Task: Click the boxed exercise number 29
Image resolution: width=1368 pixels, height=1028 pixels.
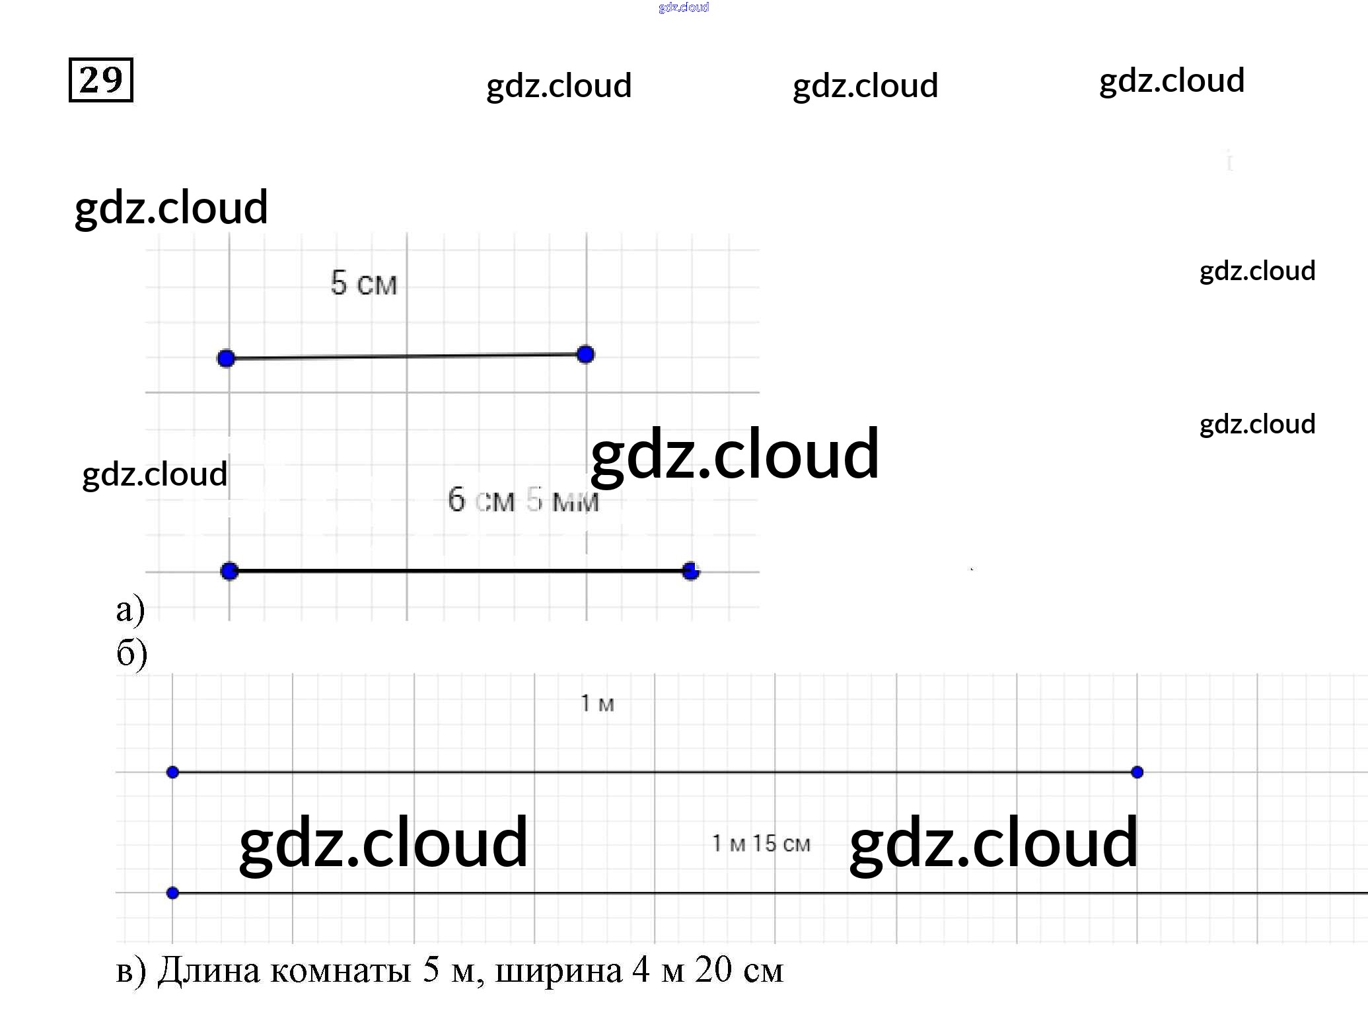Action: [100, 80]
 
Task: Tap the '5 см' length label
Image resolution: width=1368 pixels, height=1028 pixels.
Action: [363, 283]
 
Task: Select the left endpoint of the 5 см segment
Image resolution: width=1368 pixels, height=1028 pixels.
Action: [226, 359]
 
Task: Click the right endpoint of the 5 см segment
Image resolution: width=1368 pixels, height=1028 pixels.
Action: [585, 355]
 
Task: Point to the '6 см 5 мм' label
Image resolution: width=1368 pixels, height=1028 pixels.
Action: [522, 500]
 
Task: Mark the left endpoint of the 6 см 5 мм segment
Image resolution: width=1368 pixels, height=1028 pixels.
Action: [229, 571]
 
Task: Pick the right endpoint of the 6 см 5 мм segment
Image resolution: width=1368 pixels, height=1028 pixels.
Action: [691, 571]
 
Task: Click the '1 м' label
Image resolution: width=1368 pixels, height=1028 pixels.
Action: [597, 704]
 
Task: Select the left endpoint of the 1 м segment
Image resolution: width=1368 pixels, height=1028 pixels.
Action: [172, 772]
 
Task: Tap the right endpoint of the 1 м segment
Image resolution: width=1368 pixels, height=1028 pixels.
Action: [1137, 772]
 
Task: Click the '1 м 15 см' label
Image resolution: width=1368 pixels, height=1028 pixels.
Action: [761, 844]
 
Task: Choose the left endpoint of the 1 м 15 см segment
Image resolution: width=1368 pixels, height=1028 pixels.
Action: [172, 893]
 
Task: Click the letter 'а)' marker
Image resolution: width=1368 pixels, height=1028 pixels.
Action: [130, 609]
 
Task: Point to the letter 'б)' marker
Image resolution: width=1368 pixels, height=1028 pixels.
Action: [131, 653]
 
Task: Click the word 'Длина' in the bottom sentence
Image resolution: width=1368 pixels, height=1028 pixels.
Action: [209, 971]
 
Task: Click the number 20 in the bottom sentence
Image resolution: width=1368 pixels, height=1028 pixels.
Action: [713, 970]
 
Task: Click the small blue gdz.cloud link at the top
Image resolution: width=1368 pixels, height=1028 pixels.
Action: [684, 7]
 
